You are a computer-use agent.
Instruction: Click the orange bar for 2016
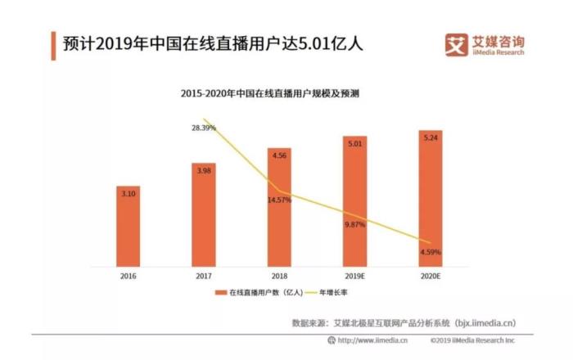point(128,225)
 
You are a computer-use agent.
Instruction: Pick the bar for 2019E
point(355,200)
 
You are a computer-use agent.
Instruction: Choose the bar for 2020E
point(431,197)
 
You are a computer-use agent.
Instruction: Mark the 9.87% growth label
point(355,224)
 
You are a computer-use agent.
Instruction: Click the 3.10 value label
point(128,194)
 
